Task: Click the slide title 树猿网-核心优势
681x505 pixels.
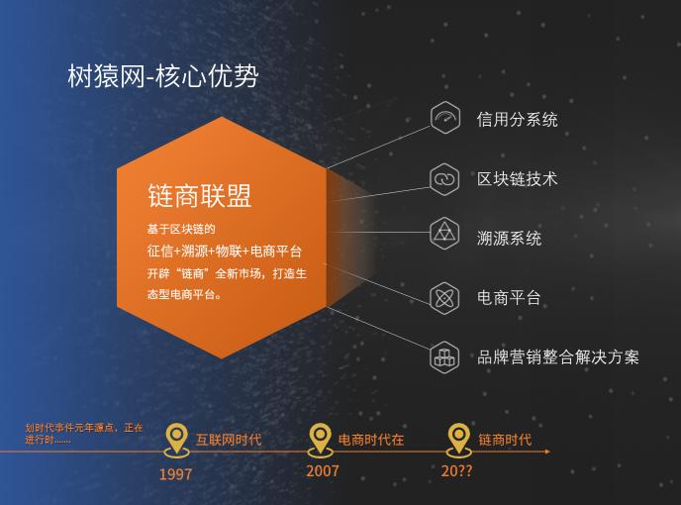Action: tap(163, 77)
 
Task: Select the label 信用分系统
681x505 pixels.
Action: tap(517, 120)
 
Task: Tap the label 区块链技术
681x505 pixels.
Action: tap(517, 179)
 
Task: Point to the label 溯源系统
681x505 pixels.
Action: tap(509, 239)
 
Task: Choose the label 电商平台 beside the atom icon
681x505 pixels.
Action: tap(509, 297)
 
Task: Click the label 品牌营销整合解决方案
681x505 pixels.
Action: tap(558, 356)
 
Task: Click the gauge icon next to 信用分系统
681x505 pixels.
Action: tap(445, 119)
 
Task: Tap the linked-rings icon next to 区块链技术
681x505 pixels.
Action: tap(445, 178)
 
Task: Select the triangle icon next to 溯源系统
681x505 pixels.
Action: tap(445, 236)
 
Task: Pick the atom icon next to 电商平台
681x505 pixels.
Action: tap(445, 296)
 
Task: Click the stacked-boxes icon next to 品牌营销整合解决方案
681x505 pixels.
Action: tap(445, 356)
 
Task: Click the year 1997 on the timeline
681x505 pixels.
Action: tap(175, 473)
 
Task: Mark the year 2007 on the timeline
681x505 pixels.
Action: tap(322, 470)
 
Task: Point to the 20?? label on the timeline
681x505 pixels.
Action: tap(457, 471)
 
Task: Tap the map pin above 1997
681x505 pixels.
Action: tap(176, 437)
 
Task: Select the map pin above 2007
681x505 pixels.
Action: tap(320, 437)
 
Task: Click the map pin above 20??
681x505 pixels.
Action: tap(458, 437)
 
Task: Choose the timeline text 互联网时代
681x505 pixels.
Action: tap(228, 439)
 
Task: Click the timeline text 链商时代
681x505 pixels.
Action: tap(505, 439)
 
